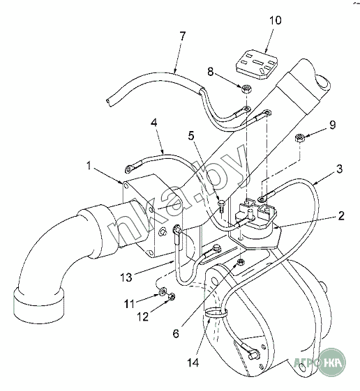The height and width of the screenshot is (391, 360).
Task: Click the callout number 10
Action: [x=275, y=20]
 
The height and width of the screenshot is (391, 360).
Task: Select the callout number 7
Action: [x=183, y=36]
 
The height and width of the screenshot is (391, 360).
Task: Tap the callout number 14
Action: [x=193, y=362]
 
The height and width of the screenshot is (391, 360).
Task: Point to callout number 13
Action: [x=126, y=277]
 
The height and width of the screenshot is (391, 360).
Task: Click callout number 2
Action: [x=340, y=216]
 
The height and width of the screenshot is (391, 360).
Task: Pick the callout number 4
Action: [x=155, y=123]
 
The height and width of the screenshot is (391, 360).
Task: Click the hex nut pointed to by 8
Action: [x=246, y=89]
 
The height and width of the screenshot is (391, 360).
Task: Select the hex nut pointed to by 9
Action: [x=299, y=137]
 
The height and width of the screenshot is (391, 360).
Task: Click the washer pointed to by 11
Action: [x=163, y=291]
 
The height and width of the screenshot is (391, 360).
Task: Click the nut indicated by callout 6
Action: [x=241, y=262]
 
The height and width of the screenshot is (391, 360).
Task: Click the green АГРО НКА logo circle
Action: [x=332, y=362]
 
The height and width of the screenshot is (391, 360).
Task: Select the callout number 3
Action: [x=339, y=169]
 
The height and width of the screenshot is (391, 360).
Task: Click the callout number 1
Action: [x=89, y=166]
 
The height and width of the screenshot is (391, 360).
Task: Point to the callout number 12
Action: [x=142, y=317]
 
